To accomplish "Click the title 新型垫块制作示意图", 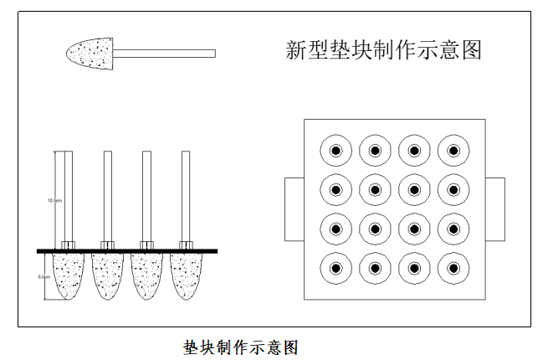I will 384,51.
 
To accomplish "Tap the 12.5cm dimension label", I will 54,200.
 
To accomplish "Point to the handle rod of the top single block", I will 164,54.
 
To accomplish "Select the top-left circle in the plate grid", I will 335,152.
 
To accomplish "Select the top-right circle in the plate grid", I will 453,152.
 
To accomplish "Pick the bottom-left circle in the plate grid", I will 335,269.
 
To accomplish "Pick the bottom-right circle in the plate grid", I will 453,269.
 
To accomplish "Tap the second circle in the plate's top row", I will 375,152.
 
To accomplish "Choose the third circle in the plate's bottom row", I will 414,269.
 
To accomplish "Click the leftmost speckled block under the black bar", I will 69,275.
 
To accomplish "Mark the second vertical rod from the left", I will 108,197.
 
